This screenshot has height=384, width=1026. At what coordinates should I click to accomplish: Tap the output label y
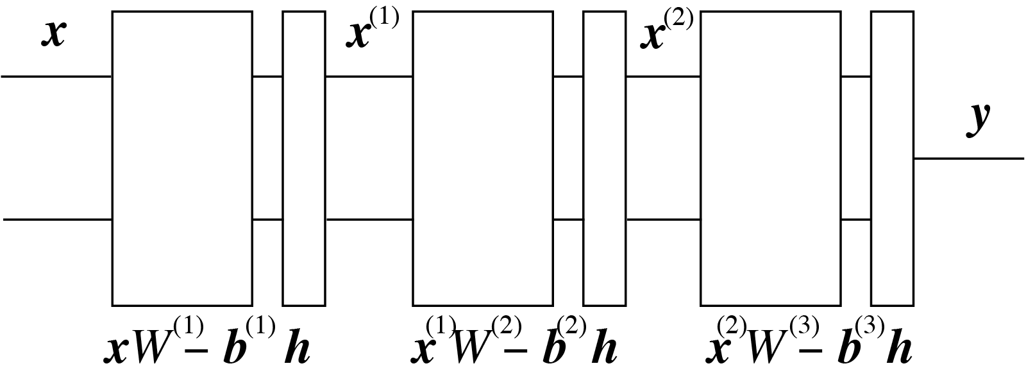pyautogui.click(x=978, y=119)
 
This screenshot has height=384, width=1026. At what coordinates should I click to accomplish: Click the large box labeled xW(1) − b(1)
pyautogui.click(x=182, y=158)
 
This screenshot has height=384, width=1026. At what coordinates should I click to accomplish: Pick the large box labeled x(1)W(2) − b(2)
pyautogui.click(x=482, y=158)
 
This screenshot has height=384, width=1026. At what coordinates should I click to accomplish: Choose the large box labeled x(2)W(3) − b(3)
pyautogui.click(x=770, y=158)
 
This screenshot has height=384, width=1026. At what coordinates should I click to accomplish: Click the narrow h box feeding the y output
pyautogui.click(x=892, y=158)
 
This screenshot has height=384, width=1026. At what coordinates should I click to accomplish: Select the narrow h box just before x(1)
pyautogui.click(x=304, y=158)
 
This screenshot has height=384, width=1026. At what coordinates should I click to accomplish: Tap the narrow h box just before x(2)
pyautogui.click(x=604, y=158)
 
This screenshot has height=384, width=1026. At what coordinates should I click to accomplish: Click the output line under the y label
pyautogui.click(x=968, y=158)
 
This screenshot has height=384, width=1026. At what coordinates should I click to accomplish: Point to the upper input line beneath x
pyautogui.click(x=56, y=76)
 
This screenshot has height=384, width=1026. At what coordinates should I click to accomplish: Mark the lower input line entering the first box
pyautogui.click(x=58, y=220)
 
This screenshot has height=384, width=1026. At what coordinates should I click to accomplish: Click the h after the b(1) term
pyautogui.click(x=297, y=349)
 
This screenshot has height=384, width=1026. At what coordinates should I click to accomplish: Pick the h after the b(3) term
pyautogui.click(x=899, y=349)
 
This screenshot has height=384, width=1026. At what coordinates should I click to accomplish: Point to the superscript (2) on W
pyautogui.click(x=506, y=329)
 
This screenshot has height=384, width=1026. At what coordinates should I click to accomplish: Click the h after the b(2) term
pyautogui.click(x=604, y=349)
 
